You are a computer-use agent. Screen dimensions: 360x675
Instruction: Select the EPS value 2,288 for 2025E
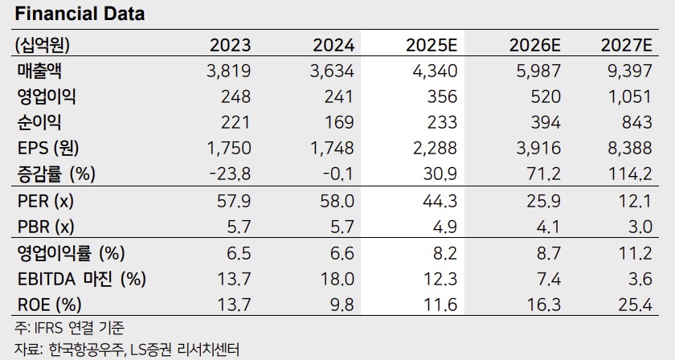(x=434, y=148)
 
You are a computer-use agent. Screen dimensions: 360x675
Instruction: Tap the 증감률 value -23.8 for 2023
(x=230, y=173)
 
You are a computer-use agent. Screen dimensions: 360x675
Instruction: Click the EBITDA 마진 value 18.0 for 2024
(x=337, y=280)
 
